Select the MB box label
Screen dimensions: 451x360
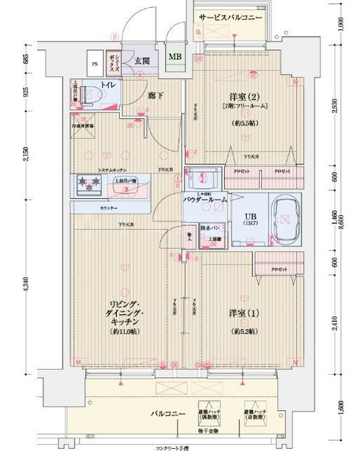point(174,57)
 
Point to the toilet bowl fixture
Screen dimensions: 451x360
point(87,94)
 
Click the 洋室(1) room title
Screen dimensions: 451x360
point(242,312)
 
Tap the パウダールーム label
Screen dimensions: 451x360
point(206,200)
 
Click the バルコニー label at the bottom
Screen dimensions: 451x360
point(166,412)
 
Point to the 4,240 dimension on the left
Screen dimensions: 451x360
point(27,285)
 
